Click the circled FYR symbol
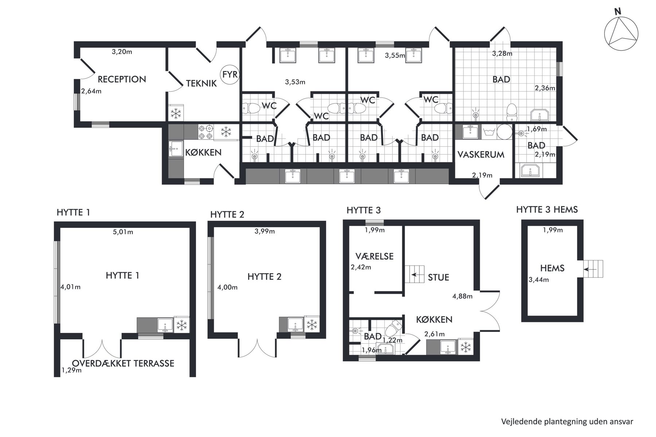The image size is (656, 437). click(230, 75)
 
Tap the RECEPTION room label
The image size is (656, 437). click(122, 79)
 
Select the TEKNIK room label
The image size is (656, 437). click(201, 83)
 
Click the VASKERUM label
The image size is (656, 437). click(481, 154)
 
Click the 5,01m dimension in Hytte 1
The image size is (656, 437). click(123, 232)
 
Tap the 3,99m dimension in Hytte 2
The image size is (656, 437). click(265, 231)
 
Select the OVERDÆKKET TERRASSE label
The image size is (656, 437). click(123, 363)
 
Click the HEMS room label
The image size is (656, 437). click(552, 268)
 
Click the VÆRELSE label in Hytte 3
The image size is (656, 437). click(374, 256)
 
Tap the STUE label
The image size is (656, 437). click(438, 277)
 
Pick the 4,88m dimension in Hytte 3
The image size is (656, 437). click(462, 296)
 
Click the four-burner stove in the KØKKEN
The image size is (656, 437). click(206, 132)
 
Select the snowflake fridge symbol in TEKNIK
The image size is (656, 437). click(176, 113)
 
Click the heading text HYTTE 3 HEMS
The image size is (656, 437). click(547, 209)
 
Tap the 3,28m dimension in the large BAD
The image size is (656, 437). click(502, 54)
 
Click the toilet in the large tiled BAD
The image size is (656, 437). click(512, 112)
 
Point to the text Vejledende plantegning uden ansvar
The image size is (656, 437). click(567, 422)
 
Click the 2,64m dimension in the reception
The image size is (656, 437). click(91, 91)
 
